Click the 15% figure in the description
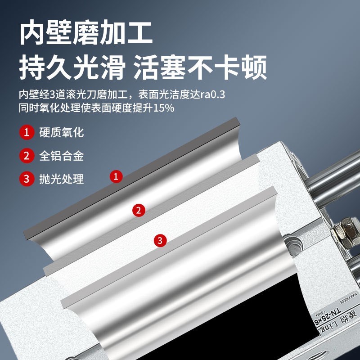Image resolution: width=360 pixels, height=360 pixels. click(x=164, y=108)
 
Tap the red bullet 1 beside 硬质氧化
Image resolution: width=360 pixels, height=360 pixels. click(x=27, y=133)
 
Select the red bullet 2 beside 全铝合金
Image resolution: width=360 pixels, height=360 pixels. click(x=27, y=156)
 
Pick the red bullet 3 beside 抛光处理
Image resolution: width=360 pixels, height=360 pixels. click(x=27, y=179)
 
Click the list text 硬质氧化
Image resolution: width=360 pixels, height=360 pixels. click(x=62, y=133)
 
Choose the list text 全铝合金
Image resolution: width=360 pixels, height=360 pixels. click(x=62, y=156)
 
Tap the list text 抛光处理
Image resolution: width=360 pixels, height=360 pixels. click(x=62, y=179)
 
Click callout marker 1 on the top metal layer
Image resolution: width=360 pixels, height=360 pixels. click(x=117, y=176)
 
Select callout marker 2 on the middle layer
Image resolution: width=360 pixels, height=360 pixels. click(x=139, y=210)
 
